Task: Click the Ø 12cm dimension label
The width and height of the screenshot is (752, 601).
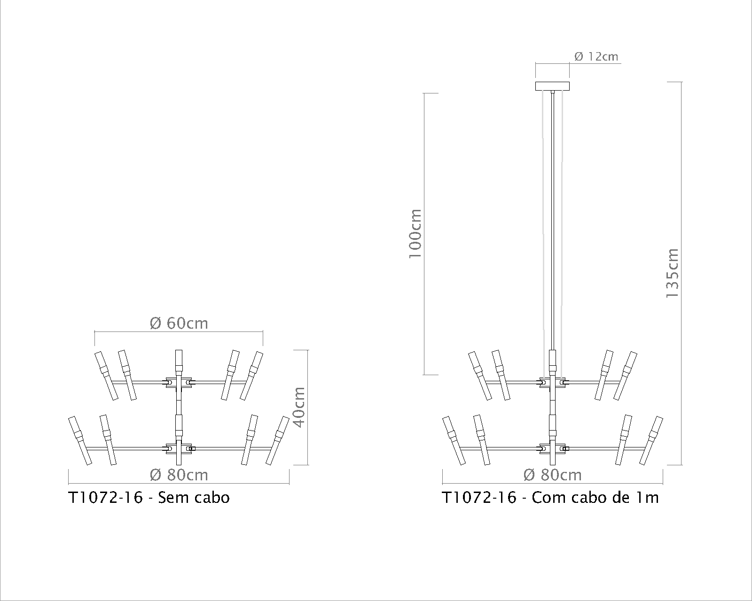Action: click(x=596, y=56)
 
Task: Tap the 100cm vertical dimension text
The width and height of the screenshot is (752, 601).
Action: click(x=415, y=234)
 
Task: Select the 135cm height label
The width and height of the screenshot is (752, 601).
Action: click(x=672, y=273)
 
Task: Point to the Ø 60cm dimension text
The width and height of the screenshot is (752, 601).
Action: click(x=179, y=323)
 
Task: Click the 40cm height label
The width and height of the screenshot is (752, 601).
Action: click(x=299, y=407)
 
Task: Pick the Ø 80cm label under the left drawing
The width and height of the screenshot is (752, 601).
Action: click(x=179, y=475)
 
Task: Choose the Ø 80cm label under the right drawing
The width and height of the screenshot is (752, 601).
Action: click(x=552, y=475)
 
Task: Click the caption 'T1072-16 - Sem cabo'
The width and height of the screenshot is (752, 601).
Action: click(x=149, y=498)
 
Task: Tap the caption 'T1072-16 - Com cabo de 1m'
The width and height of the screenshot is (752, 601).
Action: click(x=550, y=498)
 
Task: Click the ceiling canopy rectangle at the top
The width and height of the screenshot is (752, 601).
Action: click(x=552, y=86)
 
